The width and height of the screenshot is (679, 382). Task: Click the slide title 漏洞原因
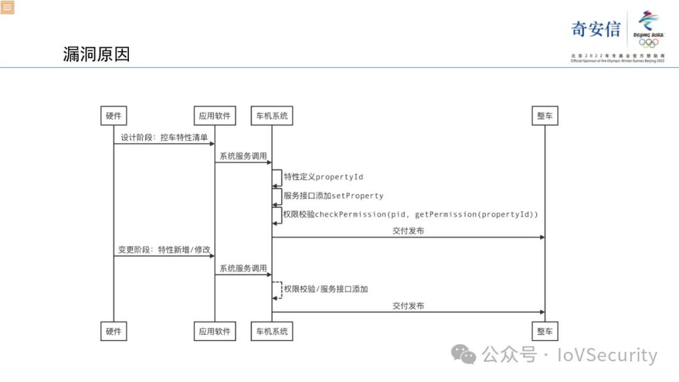click(x=97, y=54)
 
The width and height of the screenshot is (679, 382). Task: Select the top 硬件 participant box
click(x=114, y=116)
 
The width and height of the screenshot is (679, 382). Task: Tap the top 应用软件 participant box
click(x=215, y=116)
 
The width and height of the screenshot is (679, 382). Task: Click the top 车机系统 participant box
click(x=272, y=116)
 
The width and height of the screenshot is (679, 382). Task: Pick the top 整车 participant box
click(x=544, y=116)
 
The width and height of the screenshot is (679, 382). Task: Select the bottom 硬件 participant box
click(x=114, y=331)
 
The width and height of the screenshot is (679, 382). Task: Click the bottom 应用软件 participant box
click(x=215, y=331)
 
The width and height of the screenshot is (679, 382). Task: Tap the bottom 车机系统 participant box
click(x=272, y=331)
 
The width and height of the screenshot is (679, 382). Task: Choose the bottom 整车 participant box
click(x=544, y=331)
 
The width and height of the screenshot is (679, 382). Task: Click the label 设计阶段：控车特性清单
click(x=164, y=137)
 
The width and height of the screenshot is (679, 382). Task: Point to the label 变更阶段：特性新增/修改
click(x=164, y=249)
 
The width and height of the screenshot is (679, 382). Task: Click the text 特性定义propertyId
click(x=323, y=177)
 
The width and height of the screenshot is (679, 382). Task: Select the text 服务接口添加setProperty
click(x=333, y=195)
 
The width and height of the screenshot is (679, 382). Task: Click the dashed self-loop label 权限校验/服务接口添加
click(x=326, y=289)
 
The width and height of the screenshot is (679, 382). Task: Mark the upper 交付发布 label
click(x=408, y=231)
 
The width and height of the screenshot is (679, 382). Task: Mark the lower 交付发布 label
click(x=408, y=306)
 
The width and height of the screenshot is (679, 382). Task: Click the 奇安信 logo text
click(x=595, y=29)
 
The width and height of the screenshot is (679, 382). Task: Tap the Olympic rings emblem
click(x=649, y=43)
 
